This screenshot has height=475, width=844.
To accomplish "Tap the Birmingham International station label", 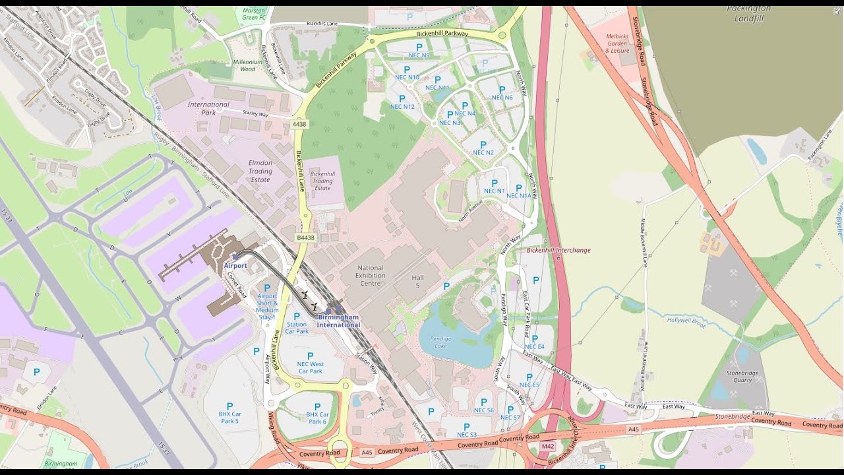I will (x=338, y=321).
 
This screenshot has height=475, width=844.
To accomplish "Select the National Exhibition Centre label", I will (x=370, y=276).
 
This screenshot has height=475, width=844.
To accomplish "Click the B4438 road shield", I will (x=305, y=237).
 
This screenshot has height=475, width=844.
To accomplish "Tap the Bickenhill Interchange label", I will (x=558, y=250).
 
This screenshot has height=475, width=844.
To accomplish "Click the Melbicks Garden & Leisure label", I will (x=617, y=43).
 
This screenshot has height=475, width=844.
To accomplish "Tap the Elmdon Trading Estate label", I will (x=260, y=171).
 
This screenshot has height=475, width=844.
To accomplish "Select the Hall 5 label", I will (x=417, y=282).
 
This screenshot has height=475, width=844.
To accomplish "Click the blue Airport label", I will (x=235, y=265).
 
